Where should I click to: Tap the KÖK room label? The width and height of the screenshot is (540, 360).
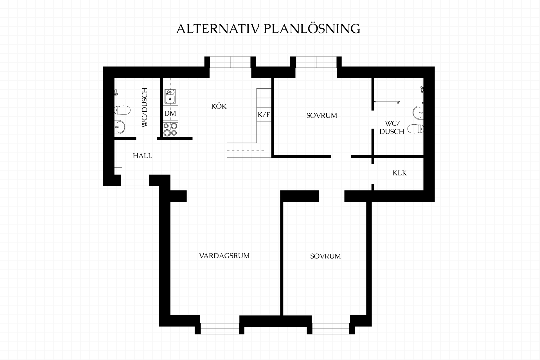[x=219, y=106]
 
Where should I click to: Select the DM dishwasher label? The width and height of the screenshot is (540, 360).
[x=170, y=113]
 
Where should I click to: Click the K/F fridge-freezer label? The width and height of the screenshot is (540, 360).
[x=264, y=115]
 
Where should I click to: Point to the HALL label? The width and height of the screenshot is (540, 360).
[x=143, y=156]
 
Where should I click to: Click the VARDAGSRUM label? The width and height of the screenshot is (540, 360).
[x=224, y=256]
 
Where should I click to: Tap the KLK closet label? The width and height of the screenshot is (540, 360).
[x=400, y=173]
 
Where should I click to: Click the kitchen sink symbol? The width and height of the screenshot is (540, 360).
[x=170, y=97]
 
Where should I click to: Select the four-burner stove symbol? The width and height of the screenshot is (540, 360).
[x=170, y=130]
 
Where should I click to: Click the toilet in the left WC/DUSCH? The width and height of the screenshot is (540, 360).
[x=122, y=110]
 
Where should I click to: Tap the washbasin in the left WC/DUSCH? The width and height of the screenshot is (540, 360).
[x=120, y=127]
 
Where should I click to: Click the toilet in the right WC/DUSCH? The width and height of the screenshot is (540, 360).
[x=416, y=129]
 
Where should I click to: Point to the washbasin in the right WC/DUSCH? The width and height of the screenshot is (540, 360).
[x=418, y=112]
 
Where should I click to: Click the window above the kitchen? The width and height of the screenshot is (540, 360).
[x=230, y=62]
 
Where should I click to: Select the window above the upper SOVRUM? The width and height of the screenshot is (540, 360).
[x=316, y=62]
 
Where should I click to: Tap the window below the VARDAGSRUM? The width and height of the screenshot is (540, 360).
[x=220, y=328]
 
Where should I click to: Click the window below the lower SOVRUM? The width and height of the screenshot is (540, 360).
[x=331, y=328]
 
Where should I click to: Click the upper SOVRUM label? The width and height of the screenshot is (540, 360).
[x=322, y=116]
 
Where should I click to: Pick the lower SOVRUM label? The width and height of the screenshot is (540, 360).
[x=325, y=256]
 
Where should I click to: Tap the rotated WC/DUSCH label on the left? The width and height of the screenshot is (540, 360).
[x=145, y=107]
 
